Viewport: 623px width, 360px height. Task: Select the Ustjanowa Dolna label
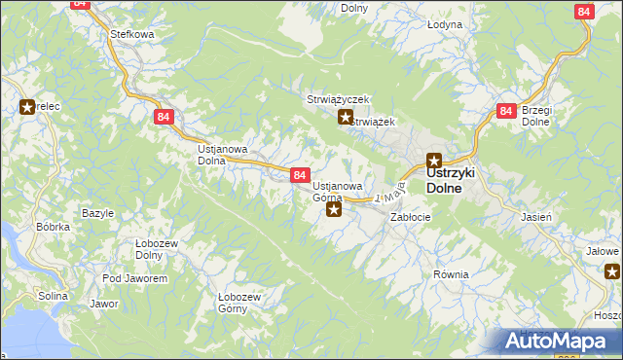(x=223, y=156)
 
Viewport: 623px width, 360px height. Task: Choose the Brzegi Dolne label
(x=536, y=116)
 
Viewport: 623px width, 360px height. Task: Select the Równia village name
(x=451, y=274)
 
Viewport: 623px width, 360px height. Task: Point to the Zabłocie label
(x=410, y=217)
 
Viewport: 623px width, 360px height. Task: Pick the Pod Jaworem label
(x=134, y=278)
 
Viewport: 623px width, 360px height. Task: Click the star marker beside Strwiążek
(x=345, y=119)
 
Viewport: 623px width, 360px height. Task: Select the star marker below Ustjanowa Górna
(x=334, y=208)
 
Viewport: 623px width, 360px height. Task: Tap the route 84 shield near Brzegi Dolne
(x=504, y=111)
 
